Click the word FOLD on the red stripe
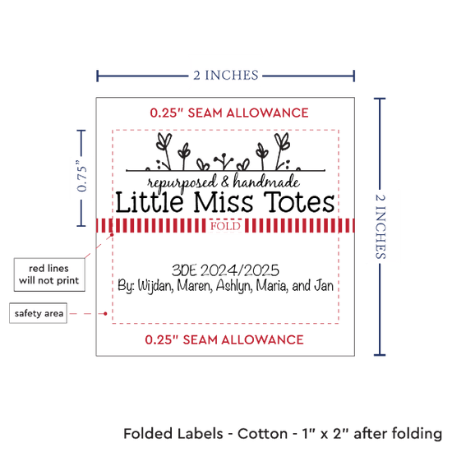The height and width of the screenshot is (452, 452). [225, 226]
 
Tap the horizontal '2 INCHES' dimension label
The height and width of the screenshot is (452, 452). [226, 76]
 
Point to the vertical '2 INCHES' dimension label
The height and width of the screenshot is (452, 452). [381, 227]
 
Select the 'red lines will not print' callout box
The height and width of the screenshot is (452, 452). [49, 274]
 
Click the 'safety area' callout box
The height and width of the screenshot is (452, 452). [39, 313]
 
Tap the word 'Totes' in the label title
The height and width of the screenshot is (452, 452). [299, 202]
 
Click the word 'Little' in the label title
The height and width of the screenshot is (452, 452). [150, 202]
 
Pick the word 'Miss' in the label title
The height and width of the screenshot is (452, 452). [224, 202]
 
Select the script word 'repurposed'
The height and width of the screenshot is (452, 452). [182, 183]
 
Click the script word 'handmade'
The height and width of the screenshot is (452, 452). [266, 181]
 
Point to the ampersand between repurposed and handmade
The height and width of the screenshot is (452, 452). [225, 182]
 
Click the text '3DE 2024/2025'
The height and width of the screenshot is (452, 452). [225, 270]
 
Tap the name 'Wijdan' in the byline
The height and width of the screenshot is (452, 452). [155, 286]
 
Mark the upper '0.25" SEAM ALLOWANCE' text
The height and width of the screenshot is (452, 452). [229, 113]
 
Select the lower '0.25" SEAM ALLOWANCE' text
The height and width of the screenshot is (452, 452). [224, 340]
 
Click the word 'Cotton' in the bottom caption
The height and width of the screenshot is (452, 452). [262, 434]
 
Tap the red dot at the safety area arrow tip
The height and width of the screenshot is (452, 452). [105, 313]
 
